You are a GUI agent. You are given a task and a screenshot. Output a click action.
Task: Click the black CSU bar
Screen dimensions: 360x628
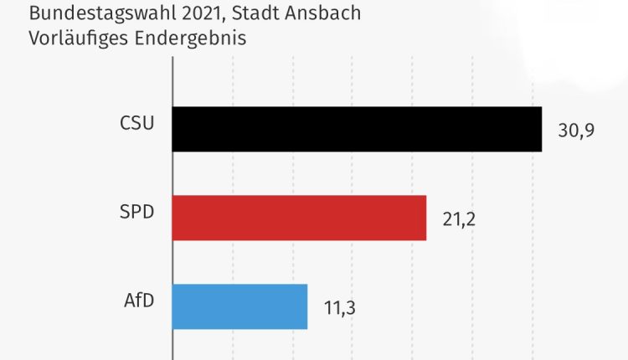tap(357, 129)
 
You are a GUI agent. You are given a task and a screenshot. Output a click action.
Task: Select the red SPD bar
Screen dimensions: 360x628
tap(299, 218)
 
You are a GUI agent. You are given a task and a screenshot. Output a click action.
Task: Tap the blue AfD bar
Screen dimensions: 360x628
tap(239, 306)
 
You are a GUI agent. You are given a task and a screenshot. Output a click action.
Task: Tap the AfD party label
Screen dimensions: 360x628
tap(138, 300)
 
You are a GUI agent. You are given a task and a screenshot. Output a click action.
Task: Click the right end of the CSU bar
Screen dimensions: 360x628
tap(540, 129)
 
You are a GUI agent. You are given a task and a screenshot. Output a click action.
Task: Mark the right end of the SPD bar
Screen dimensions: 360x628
tap(425, 218)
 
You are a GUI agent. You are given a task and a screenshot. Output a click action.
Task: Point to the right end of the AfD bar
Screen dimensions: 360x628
tap(306, 306)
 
